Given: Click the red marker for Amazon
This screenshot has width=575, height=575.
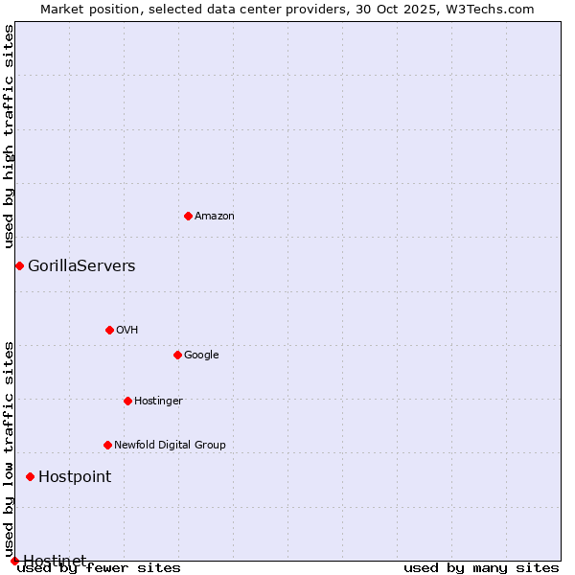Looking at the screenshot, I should [x=188, y=216].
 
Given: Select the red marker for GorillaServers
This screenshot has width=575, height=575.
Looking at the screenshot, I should [x=19, y=265].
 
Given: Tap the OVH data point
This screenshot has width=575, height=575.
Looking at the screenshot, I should [x=109, y=330].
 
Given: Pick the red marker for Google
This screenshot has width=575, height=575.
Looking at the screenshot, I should [x=177, y=355].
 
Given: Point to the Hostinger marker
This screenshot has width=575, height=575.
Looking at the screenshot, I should [x=127, y=401].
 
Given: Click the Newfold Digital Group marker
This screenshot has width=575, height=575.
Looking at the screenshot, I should [x=107, y=445].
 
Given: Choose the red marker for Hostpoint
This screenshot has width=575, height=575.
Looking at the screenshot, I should [x=30, y=476].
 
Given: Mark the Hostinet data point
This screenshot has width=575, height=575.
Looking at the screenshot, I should [x=14, y=561].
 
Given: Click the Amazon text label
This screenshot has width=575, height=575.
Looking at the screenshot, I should [x=215, y=216].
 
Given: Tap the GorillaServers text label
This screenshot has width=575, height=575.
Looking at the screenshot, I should [x=81, y=265].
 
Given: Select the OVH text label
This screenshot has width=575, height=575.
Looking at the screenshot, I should [x=127, y=330].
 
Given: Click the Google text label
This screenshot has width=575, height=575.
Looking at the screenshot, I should [x=201, y=355].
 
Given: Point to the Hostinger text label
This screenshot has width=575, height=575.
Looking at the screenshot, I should [x=158, y=401].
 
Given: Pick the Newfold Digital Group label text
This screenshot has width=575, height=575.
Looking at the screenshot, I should [x=170, y=445].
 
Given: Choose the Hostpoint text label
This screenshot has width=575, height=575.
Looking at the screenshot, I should [x=75, y=476].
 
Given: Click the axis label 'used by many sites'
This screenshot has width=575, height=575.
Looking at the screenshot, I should [x=481, y=567].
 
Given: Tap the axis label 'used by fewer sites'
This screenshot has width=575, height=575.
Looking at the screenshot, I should [x=100, y=567].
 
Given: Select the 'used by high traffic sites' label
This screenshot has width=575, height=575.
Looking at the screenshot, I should [x=9, y=136].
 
